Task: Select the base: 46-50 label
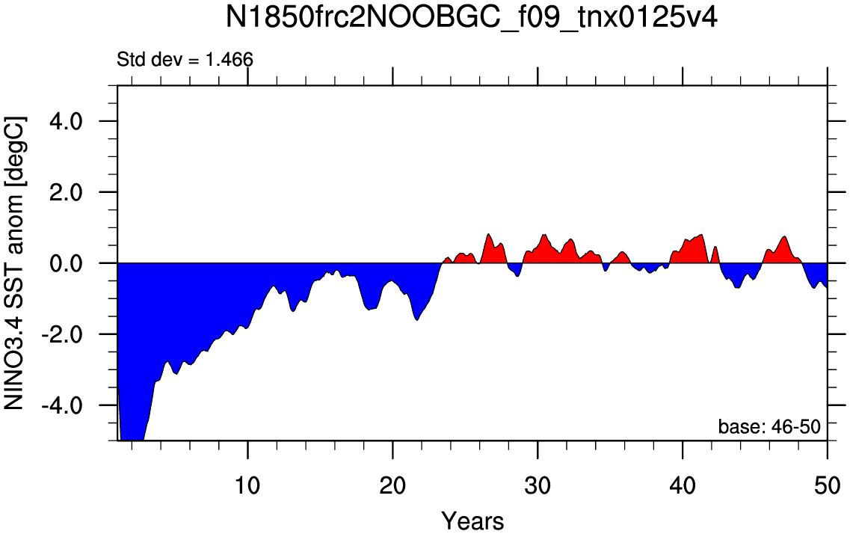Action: [769, 427]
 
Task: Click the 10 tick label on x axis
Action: [247, 482]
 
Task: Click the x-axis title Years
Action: [472, 520]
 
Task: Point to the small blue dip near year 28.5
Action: [516, 270]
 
